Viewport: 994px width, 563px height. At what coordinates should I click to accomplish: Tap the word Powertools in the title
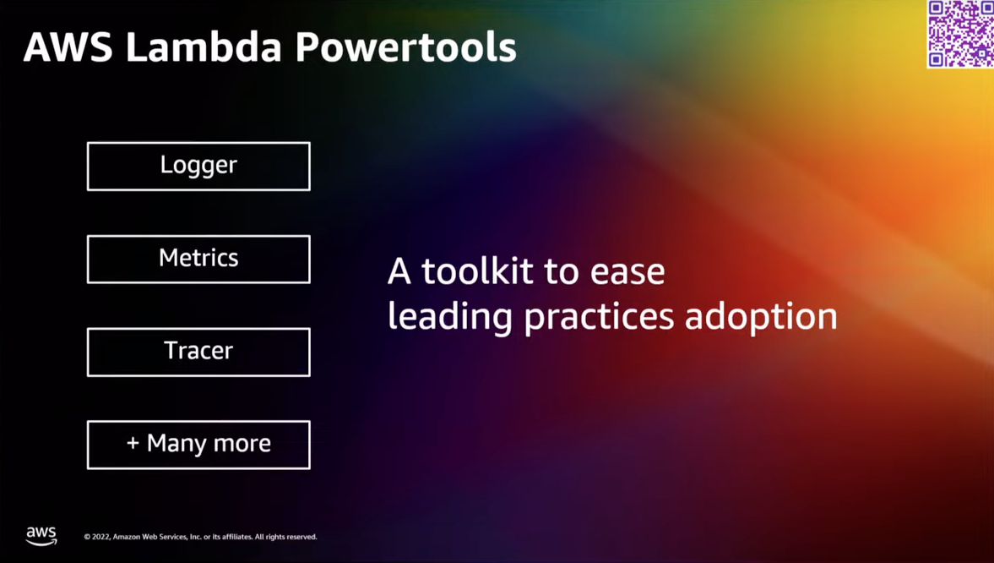point(405,47)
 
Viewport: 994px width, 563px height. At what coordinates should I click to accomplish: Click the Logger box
point(198,166)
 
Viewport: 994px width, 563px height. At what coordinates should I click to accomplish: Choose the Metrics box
point(198,259)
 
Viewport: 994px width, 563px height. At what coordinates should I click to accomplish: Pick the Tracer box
point(198,352)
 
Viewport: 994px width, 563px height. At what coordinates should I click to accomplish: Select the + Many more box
point(198,445)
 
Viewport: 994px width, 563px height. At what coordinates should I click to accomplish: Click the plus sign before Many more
point(133,444)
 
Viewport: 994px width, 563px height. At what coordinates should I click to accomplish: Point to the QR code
point(960,34)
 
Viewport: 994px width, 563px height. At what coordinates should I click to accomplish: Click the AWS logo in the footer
point(41,536)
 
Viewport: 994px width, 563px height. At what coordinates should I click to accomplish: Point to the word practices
point(598,317)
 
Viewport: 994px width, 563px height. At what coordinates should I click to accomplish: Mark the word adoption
point(760,317)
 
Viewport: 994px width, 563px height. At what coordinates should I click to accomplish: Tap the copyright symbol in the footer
point(87,537)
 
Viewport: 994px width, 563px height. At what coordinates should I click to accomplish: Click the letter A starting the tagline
point(399,271)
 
